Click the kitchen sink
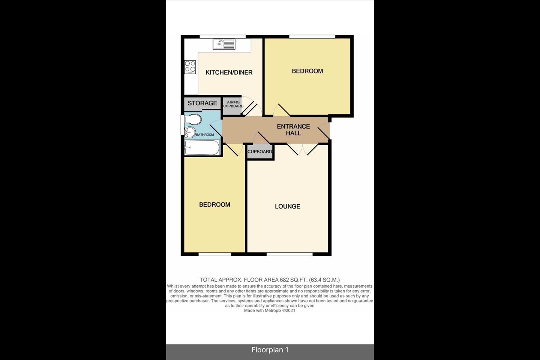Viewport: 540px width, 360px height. [224, 44]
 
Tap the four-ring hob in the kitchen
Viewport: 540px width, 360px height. [190, 67]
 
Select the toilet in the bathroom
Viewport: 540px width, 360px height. [193, 119]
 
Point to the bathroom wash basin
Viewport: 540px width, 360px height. [190, 132]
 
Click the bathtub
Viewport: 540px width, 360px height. [202, 147]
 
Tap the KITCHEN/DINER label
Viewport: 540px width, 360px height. [229, 72]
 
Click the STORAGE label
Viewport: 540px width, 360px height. [202, 103]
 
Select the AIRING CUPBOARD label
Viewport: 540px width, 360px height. [233, 104]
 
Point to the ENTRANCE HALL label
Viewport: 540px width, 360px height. [293, 130]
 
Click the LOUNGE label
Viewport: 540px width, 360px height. [288, 206]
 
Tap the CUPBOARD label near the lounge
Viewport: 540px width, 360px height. [259, 151]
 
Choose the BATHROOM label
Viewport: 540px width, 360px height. [205, 135]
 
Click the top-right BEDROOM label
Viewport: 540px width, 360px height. [307, 71]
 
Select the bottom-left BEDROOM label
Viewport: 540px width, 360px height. [214, 205]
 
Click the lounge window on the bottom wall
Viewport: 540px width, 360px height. [289, 254]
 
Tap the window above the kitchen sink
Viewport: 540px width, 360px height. [223, 37]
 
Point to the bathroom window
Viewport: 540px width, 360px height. [183, 124]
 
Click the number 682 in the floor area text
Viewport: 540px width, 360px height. [284, 280]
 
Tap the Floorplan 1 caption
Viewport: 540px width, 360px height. [270, 350]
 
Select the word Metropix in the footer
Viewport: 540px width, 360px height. [273, 310]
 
